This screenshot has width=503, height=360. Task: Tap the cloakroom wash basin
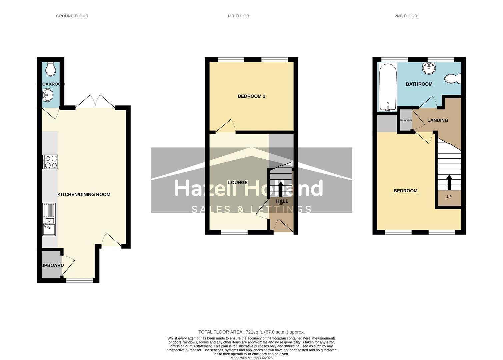coord(47,95)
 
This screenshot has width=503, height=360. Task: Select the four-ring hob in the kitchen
coord(50,162)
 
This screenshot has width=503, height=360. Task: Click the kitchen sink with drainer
coord(49,220)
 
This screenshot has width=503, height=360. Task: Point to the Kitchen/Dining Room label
coord(84,195)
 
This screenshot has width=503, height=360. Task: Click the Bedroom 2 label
coord(251,96)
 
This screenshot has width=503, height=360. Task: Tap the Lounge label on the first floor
coord(238,183)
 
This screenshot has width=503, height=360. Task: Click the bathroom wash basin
coord(429,68)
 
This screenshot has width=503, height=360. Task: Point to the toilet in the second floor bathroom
coord(453,79)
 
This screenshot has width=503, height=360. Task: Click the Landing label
coord(437,120)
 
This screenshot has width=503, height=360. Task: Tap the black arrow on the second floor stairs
coord(449,182)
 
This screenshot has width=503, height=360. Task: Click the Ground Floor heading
coord(72,16)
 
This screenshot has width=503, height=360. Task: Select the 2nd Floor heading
coord(406,16)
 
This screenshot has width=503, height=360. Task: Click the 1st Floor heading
coord(238,16)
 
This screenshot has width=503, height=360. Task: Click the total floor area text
coord(251,332)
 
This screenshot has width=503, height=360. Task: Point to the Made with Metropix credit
coord(251,358)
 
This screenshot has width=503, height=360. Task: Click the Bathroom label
coord(419,84)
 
